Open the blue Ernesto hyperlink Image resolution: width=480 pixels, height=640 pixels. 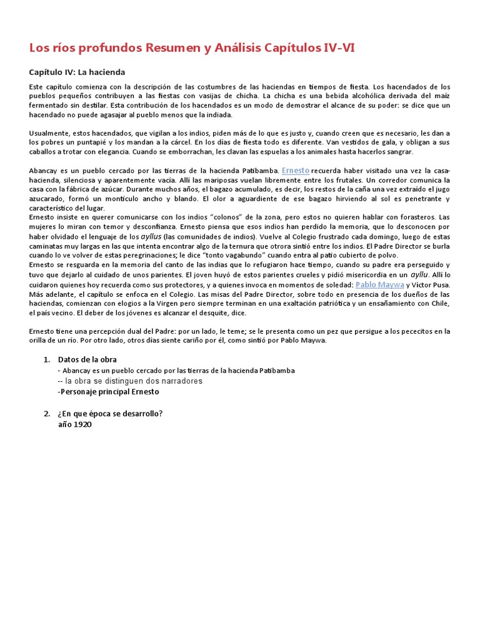click(x=295, y=170)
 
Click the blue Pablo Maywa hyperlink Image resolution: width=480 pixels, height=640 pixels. click(x=379, y=284)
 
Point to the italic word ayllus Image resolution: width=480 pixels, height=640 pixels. click(x=151, y=236)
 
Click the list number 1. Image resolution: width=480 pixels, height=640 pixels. click(x=46, y=359)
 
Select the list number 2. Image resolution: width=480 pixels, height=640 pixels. click(x=46, y=414)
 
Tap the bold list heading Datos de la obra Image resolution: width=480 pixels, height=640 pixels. click(x=87, y=359)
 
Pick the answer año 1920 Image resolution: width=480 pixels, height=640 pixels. click(x=74, y=424)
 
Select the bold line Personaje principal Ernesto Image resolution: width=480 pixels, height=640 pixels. click(x=109, y=392)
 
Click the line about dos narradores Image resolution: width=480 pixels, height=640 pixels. click(x=130, y=381)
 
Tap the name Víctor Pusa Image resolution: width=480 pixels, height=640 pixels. click(x=431, y=285)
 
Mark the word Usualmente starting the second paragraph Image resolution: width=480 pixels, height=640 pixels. click(x=49, y=133)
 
